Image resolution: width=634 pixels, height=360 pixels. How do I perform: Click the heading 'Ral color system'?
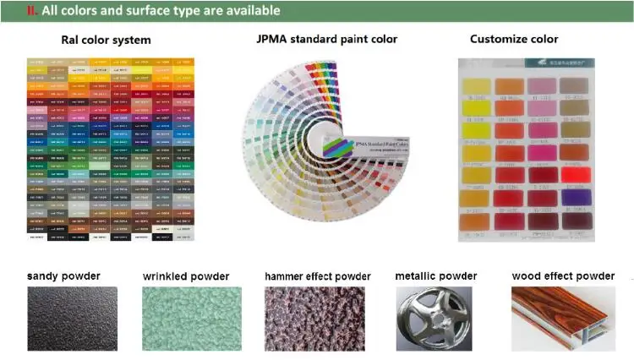click(x=106, y=40)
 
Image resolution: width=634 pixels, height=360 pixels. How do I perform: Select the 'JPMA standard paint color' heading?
click(x=326, y=39)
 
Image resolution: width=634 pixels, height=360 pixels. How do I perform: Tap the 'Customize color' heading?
click(x=514, y=39)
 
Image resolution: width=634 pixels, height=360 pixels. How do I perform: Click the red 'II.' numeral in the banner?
click(x=33, y=11)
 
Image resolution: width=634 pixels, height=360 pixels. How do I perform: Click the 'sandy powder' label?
click(x=63, y=276)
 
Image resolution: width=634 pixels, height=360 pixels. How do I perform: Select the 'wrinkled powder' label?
click(x=186, y=276)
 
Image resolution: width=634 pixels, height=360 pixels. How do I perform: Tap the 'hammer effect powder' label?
click(x=317, y=276)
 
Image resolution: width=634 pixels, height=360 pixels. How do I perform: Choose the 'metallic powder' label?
click(x=436, y=276)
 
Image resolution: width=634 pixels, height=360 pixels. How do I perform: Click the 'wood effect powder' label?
click(x=563, y=276)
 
